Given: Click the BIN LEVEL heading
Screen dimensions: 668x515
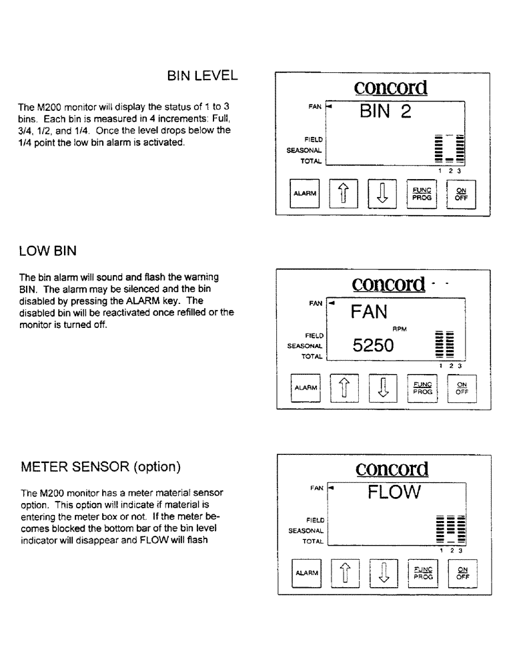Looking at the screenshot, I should (x=202, y=76).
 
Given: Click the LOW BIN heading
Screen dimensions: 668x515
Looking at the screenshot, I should (x=48, y=251).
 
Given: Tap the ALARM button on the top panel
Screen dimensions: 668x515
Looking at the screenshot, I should (x=305, y=194).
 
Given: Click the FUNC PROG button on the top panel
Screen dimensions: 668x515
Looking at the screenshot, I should (x=422, y=194).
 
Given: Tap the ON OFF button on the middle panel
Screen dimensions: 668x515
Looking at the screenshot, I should (x=461, y=389).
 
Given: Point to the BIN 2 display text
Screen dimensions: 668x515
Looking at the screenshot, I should (x=386, y=112).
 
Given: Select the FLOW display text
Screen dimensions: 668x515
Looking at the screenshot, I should (x=394, y=493).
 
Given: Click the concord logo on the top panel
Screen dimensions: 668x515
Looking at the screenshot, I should (x=390, y=87).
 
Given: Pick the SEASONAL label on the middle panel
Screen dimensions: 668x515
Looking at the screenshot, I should (x=305, y=346).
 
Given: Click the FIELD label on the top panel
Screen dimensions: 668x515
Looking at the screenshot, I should (x=314, y=140).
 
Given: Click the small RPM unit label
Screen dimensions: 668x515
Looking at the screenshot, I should (x=400, y=329).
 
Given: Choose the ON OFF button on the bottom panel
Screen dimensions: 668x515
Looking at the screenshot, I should (x=461, y=572).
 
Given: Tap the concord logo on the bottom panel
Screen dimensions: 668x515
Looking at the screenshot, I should (x=392, y=468).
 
